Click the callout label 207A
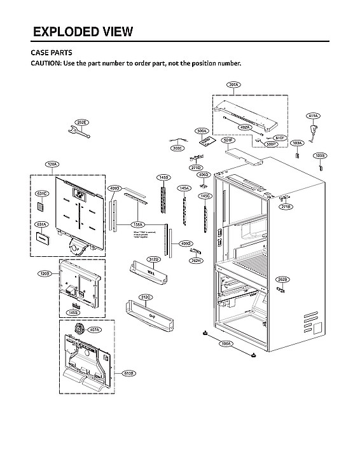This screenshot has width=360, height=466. point(233,85)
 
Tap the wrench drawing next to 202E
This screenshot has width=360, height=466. point(80,132)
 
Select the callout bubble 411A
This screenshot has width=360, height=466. point(313,116)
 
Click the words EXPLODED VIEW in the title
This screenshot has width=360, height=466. point(83,32)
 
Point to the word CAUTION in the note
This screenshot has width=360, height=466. point(46,64)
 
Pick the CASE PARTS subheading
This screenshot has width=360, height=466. point(52,53)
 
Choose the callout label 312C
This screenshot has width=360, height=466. point(145,298)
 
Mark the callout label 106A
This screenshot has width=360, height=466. point(225,344)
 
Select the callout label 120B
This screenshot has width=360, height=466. point(44,274)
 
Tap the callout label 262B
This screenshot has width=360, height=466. point(282,279)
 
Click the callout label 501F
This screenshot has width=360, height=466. point(228,139)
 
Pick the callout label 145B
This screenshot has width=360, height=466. point(163,177)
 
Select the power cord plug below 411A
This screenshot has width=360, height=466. point(312,132)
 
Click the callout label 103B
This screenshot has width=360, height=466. point(320,155)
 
